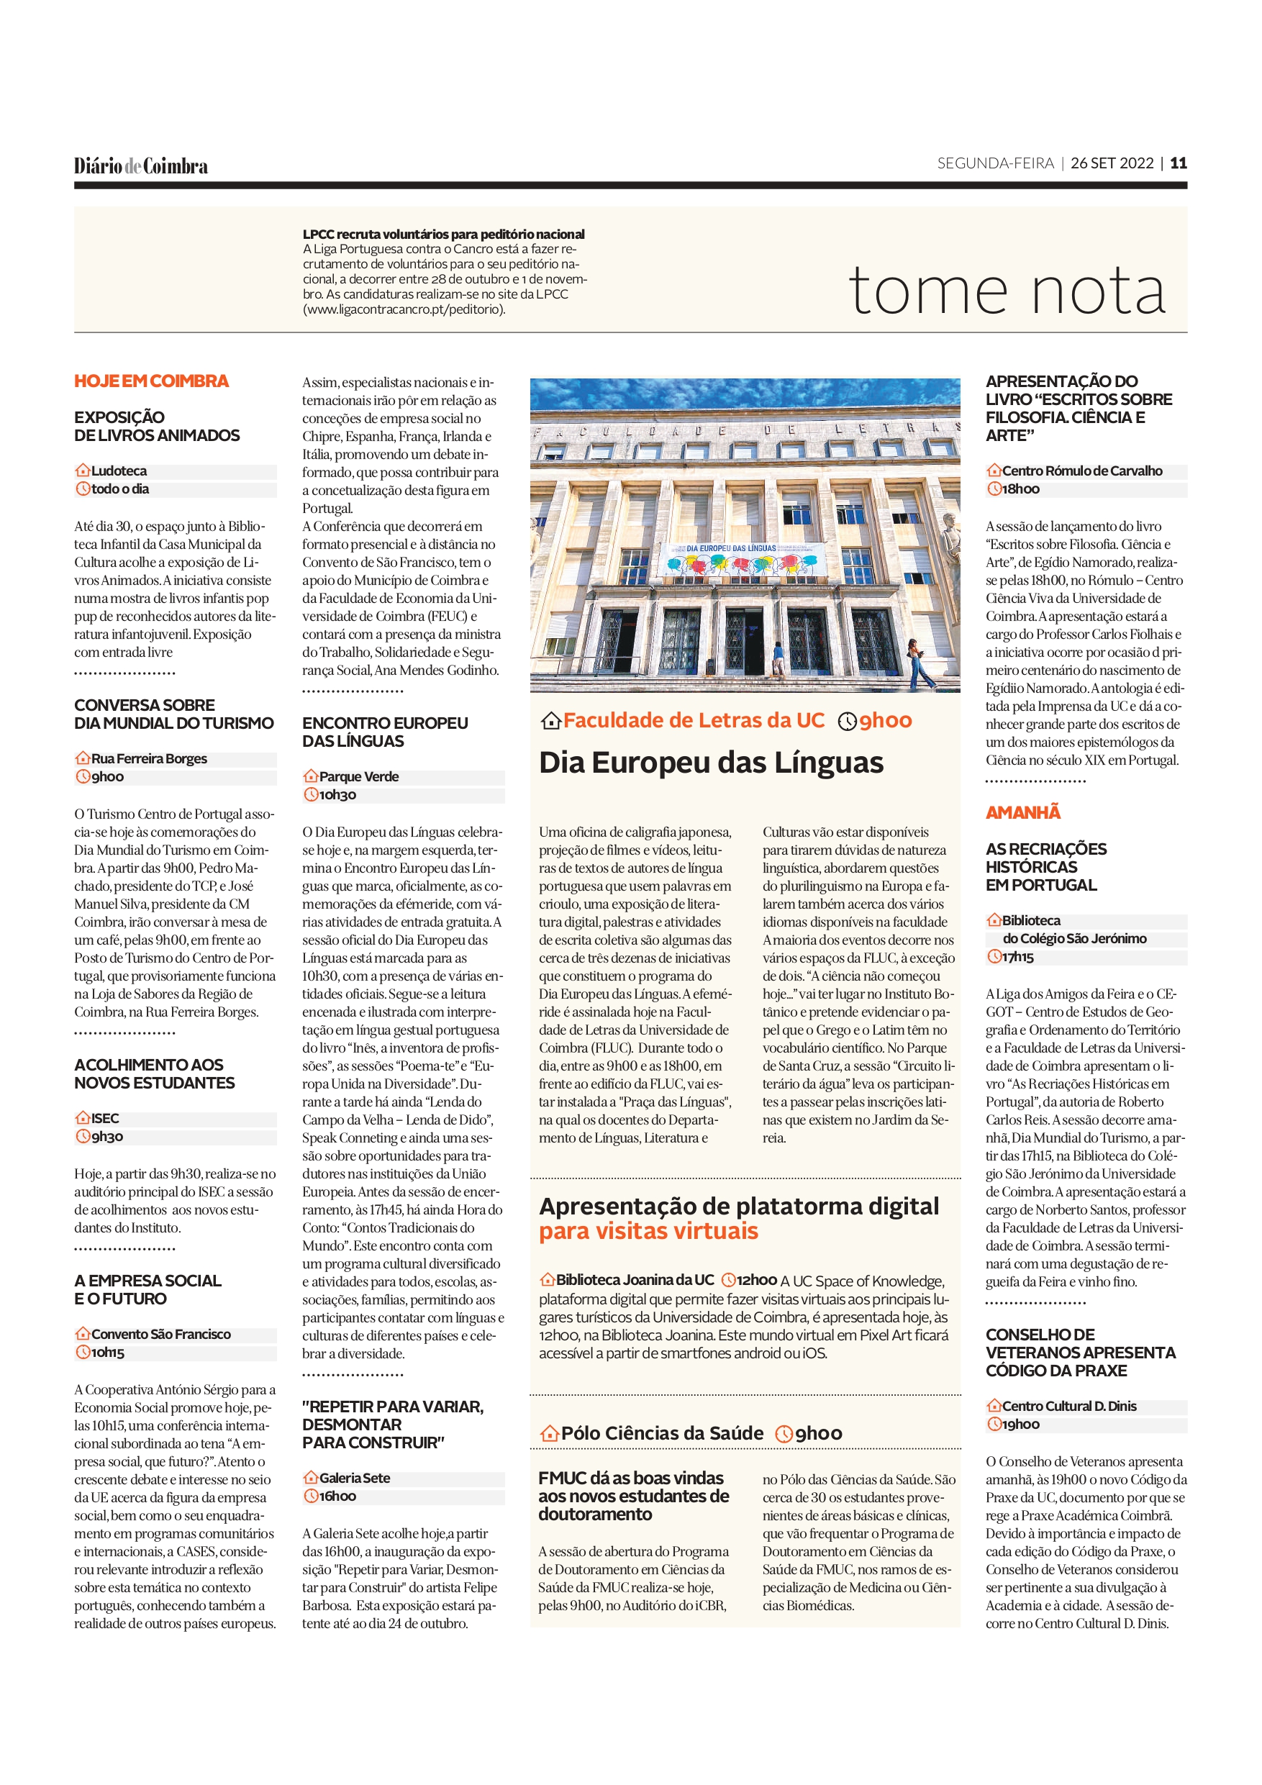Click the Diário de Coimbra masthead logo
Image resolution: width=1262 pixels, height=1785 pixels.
click(141, 165)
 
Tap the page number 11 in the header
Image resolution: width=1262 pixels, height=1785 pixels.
click(1178, 163)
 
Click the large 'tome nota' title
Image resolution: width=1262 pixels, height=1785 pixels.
click(1007, 291)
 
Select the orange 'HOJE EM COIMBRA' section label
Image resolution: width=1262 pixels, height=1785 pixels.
click(152, 381)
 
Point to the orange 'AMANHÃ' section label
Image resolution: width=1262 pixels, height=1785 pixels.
click(1022, 812)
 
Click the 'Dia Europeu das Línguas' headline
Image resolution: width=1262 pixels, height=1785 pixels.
click(711, 763)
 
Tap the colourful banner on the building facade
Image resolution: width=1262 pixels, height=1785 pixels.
click(740, 559)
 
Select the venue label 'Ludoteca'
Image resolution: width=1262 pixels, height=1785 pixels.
click(119, 471)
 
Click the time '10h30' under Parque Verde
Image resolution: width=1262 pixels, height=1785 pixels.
click(337, 794)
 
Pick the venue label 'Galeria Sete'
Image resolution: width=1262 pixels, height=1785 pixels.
click(355, 1478)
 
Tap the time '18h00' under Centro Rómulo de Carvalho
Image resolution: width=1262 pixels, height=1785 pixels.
click(1020, 489)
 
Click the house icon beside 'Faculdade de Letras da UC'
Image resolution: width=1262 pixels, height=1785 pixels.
click(550, 722)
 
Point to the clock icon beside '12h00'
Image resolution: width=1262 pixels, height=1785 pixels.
click(729, 1280)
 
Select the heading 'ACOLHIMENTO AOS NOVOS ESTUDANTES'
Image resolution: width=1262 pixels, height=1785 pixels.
click(154, 1073)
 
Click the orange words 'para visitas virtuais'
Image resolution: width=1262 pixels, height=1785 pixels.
click(648, 1232)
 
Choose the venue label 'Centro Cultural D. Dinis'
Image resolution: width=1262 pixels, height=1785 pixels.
click(1069, 1407)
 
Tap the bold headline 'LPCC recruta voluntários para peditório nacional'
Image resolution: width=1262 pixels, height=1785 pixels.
click(443, 234)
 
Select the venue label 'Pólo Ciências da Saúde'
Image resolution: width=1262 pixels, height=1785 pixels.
click(662, 1434)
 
